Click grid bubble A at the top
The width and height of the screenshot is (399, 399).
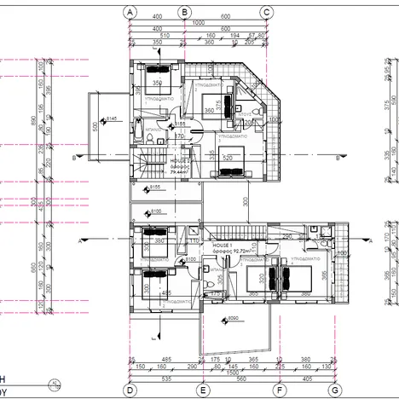pos(130,12)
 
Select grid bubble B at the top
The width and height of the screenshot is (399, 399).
pos(184,12)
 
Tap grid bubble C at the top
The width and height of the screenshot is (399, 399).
pos(267,12)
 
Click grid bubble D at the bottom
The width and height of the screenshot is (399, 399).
pos(130,390)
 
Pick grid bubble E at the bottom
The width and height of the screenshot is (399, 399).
pos(203,390)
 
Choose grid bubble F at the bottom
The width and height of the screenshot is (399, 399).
pos(279,390)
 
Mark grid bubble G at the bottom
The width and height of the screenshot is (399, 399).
pos(334,390)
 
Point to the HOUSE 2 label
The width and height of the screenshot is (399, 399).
pos(179,160)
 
